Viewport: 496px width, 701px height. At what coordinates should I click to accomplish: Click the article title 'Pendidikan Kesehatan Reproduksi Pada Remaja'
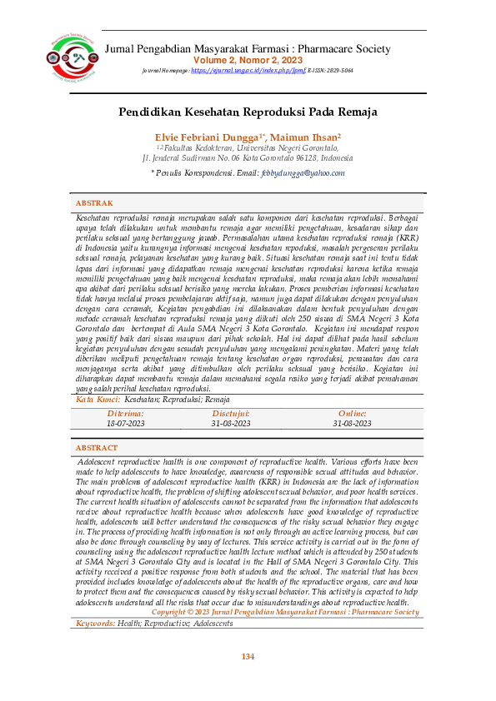(x=248, y=111)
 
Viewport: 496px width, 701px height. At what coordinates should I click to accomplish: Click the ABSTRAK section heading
(x=94, y=203)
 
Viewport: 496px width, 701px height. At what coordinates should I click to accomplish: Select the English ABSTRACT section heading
(x=97, y=448)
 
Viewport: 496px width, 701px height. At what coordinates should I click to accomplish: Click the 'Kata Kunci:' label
(x=93, y=400)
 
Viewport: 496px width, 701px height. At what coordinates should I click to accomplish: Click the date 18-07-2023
(x=125, y=424)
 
